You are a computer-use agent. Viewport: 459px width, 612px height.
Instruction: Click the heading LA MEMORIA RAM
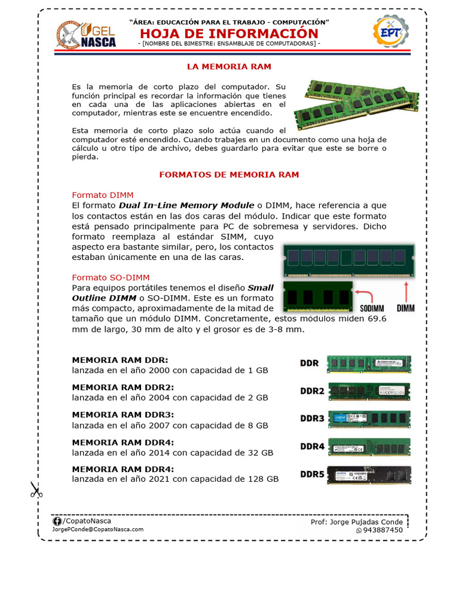(x=229, y=66)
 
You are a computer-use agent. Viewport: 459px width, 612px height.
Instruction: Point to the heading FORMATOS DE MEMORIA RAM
(x=229, y=175)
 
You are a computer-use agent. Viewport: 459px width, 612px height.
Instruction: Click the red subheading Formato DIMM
(x=103, y=195)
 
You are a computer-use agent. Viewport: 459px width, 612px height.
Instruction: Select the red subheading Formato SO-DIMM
(x=111, y=277)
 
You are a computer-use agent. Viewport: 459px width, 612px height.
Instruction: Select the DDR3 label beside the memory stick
(x=312, y=418)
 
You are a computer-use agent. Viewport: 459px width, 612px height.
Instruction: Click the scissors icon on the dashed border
(x=36, y=491)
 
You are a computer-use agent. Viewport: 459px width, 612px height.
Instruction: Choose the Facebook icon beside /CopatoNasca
(x=57, y=521)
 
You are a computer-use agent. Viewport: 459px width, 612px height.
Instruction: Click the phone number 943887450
(x=383, y=530)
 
